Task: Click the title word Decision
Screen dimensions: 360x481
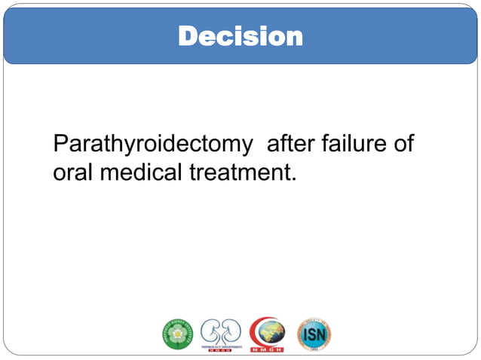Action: click(x=240, y=35)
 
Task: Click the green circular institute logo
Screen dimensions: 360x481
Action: click(x=177, y=334)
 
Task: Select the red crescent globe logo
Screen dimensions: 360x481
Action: click(x=267, y=334)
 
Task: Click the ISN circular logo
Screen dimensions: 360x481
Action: click(x=314, y=334)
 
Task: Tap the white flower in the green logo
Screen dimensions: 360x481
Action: click(x=177, y=334)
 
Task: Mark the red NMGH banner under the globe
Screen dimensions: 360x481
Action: click(x=268, y=349)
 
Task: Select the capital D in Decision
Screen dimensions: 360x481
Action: click(x=188, y=35)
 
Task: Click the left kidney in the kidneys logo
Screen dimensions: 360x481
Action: click(x=213, y=330)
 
